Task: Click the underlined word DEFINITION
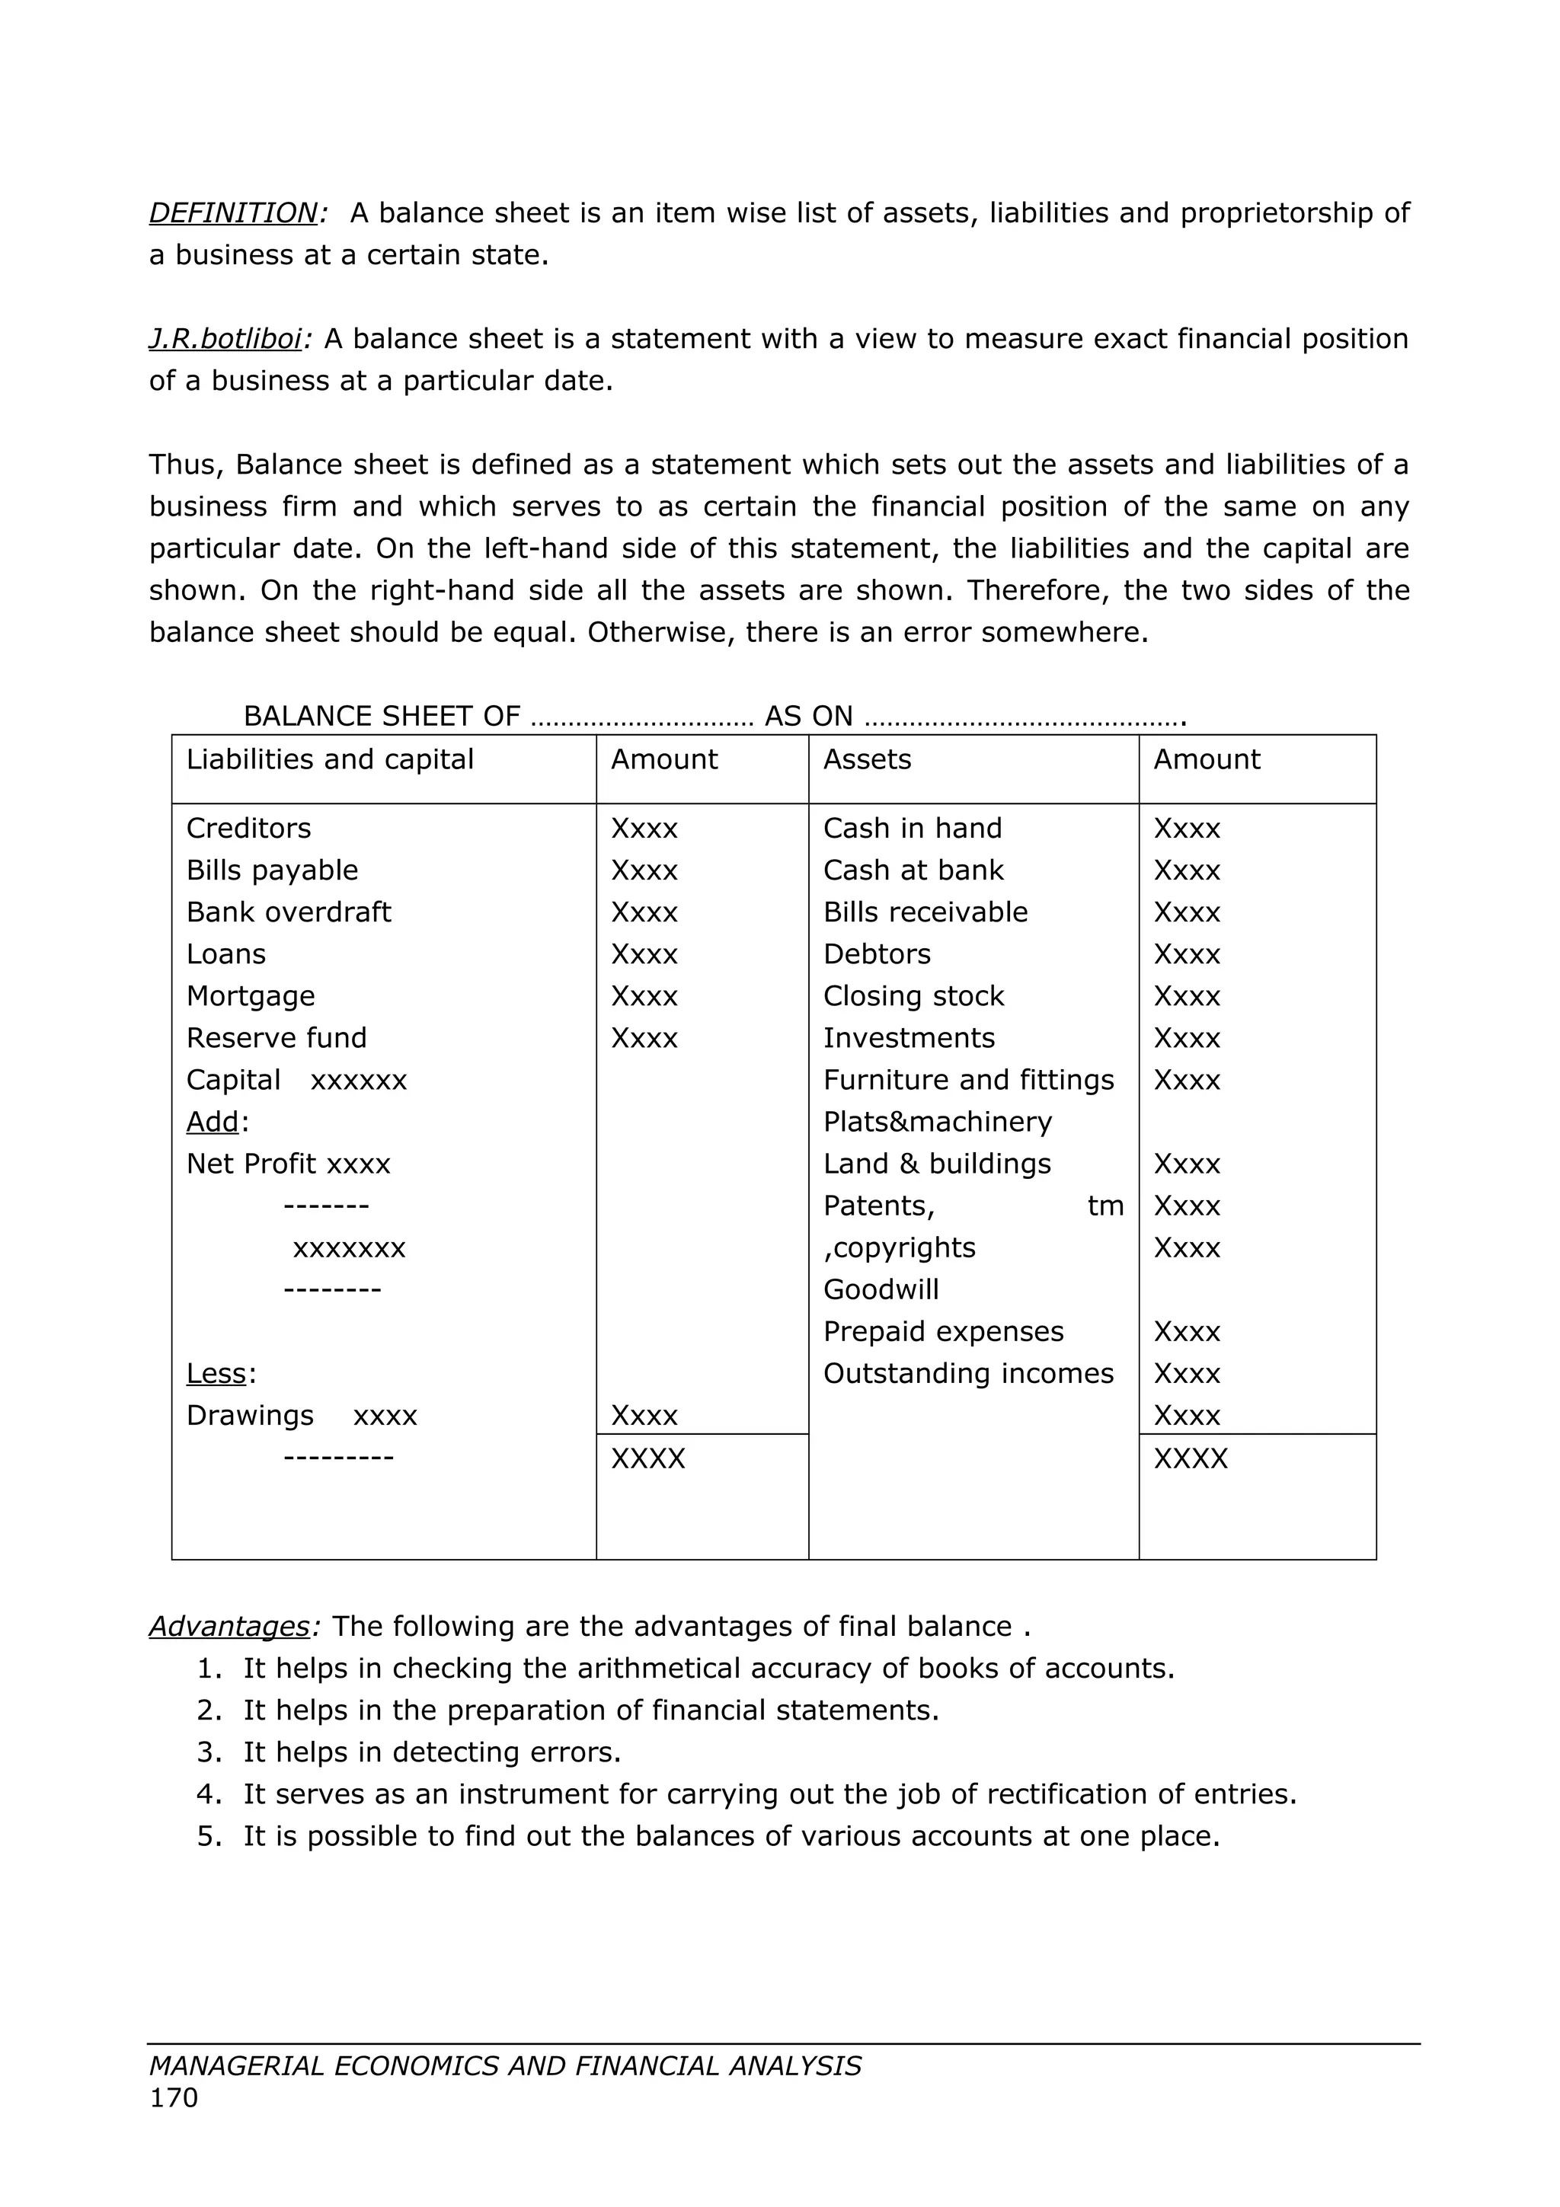tap(232, 212)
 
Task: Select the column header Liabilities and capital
tap(330, 759)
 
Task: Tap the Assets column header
tap(867, 759)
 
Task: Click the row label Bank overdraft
tap(289, 912)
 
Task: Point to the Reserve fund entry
tap(276, 1037)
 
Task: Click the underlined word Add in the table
tap(213, 1122)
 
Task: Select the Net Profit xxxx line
tap(289, 1164)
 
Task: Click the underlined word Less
tap(216, 1374)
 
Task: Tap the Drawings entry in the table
tap(250, 1416)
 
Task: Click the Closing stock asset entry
tap(913, 996)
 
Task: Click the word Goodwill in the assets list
tap(881, 1290)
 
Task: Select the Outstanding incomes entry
tap(968, 1374)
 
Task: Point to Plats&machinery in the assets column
tap(937, 1122)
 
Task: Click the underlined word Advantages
tap(229, 1627)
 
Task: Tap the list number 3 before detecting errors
tap(209, 1752)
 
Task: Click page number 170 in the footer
tap(174, 2098)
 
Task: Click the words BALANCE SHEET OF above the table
tap(382, 716)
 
